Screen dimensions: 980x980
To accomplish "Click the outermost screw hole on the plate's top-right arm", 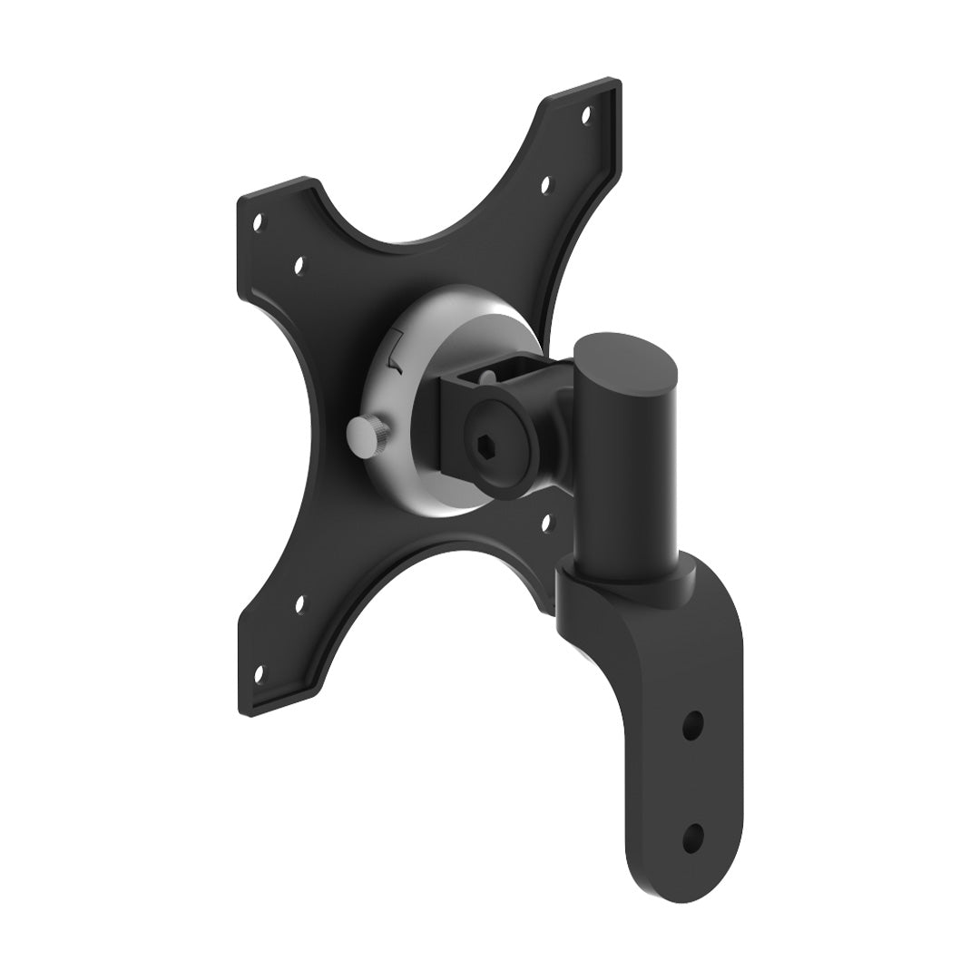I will point(586,115).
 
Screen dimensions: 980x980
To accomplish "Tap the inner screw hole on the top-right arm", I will point(546,186).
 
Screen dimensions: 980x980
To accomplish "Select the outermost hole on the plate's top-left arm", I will point(259,220).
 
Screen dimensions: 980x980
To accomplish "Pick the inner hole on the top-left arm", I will point(299,266).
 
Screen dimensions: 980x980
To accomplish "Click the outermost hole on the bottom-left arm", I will point(260,673).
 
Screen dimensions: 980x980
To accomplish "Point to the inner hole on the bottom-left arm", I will point(300,601).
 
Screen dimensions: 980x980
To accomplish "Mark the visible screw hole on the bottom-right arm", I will point(547,522).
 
